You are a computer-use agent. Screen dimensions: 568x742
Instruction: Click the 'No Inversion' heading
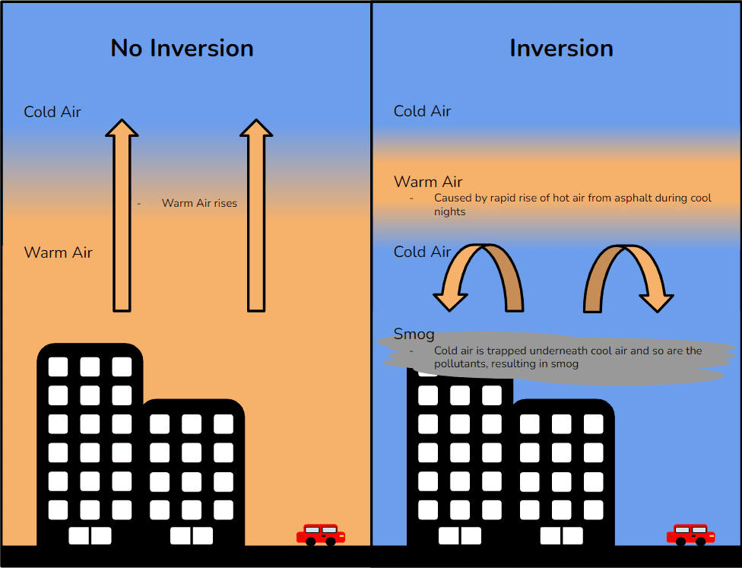click(182, 48)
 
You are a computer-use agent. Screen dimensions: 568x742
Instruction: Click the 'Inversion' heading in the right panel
click(561, 48)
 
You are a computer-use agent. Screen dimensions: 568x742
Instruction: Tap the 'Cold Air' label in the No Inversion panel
click(52, 112)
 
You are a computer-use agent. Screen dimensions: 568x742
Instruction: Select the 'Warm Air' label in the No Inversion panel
click(59, 252)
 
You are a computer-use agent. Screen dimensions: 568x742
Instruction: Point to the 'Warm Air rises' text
click(199, 203)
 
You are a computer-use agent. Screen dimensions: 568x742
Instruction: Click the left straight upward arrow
click(122, 221)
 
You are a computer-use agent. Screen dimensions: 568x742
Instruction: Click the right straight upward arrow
click(256, 221)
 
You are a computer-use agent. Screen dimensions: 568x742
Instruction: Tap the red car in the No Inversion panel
click(320, 535)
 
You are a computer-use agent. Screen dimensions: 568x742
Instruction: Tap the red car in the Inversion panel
click(690, 535)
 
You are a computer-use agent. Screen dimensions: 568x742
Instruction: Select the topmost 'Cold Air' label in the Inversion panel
click(422, 111)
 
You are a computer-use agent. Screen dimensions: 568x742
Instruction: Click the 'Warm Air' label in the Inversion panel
click(428, 182)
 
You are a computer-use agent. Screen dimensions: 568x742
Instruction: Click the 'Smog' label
click(414, 334)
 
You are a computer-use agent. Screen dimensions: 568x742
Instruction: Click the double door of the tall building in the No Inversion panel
click(90, 535)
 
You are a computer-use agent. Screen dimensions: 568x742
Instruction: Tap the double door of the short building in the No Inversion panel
click(192, 535)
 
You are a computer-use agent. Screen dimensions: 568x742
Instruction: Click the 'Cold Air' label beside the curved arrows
click(422, 252)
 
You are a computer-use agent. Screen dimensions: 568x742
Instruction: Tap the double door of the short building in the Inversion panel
click(562, 535)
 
